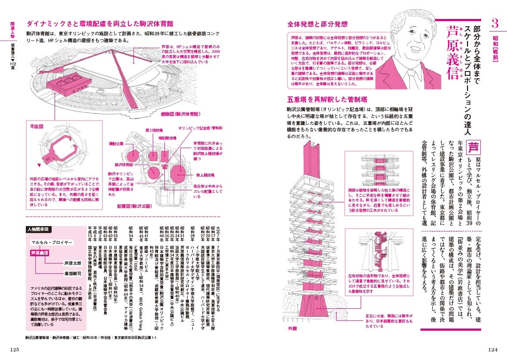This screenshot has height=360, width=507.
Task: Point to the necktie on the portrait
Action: coord(414,73)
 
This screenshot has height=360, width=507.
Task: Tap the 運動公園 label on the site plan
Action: coord(116,143)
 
